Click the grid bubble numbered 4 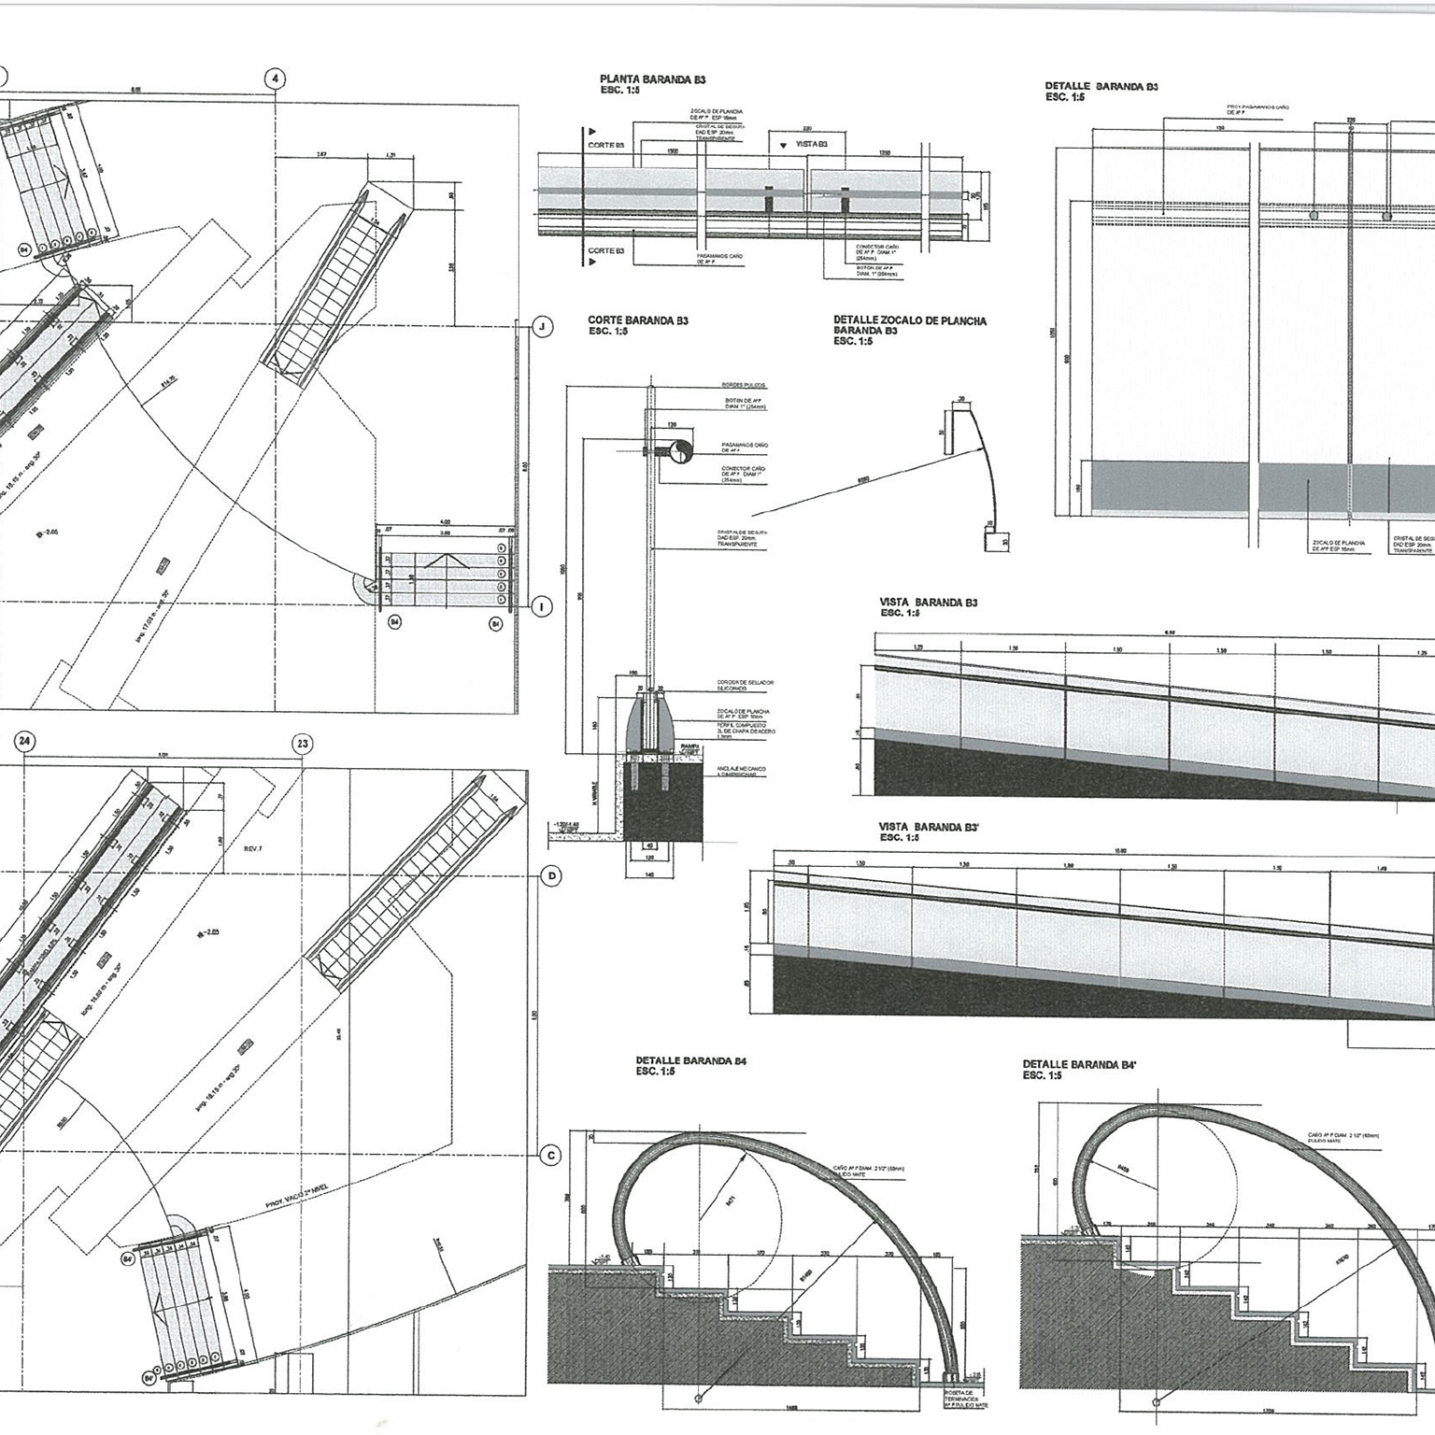(275, 78)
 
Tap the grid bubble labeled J (542, 326)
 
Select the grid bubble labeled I (542, 607)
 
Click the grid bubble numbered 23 (303, 744)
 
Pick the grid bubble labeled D (551, 876)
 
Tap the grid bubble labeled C (551, 1156)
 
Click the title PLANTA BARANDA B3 (646, 80)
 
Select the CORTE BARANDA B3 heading (638, 320)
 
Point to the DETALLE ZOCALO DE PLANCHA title (909, 320)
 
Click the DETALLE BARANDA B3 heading (1101, 86)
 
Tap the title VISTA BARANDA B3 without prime (928, 603)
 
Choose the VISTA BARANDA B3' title (929, 827)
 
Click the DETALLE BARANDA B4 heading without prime (690, 1060)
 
